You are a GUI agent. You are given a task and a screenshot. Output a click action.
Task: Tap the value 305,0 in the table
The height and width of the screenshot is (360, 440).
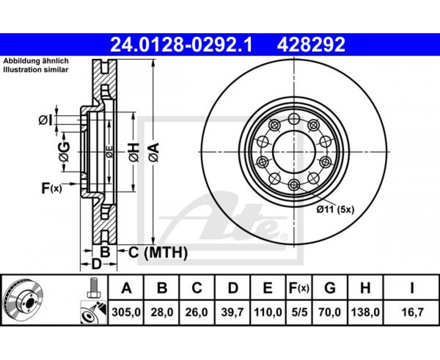tap(126, 311)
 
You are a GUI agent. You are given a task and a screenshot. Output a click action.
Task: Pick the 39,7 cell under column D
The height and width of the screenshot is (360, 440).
tap(233, 311)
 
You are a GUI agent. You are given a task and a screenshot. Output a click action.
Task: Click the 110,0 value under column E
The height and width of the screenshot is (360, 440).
tap(268, 311)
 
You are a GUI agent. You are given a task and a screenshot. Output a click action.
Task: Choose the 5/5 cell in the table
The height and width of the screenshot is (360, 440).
tap(299, 311)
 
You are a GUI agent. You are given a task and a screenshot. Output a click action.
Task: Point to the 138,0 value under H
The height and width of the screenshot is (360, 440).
tap(365, 311)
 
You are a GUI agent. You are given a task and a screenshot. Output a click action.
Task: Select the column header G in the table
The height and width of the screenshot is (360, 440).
tap(330, 288)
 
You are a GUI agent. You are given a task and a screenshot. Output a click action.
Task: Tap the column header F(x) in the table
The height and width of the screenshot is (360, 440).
tap(299, 288)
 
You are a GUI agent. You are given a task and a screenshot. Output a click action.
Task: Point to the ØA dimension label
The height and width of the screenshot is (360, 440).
tap(154, 152)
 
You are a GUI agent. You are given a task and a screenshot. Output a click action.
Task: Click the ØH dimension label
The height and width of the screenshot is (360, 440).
tap(133, 152)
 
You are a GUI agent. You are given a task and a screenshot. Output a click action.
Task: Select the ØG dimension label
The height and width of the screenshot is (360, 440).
tap(64, 152)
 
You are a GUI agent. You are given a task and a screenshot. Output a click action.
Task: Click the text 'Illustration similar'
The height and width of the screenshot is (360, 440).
tap(36, 69)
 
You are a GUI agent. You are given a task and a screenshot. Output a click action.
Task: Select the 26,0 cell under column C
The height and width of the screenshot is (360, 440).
tap(197, 311)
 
